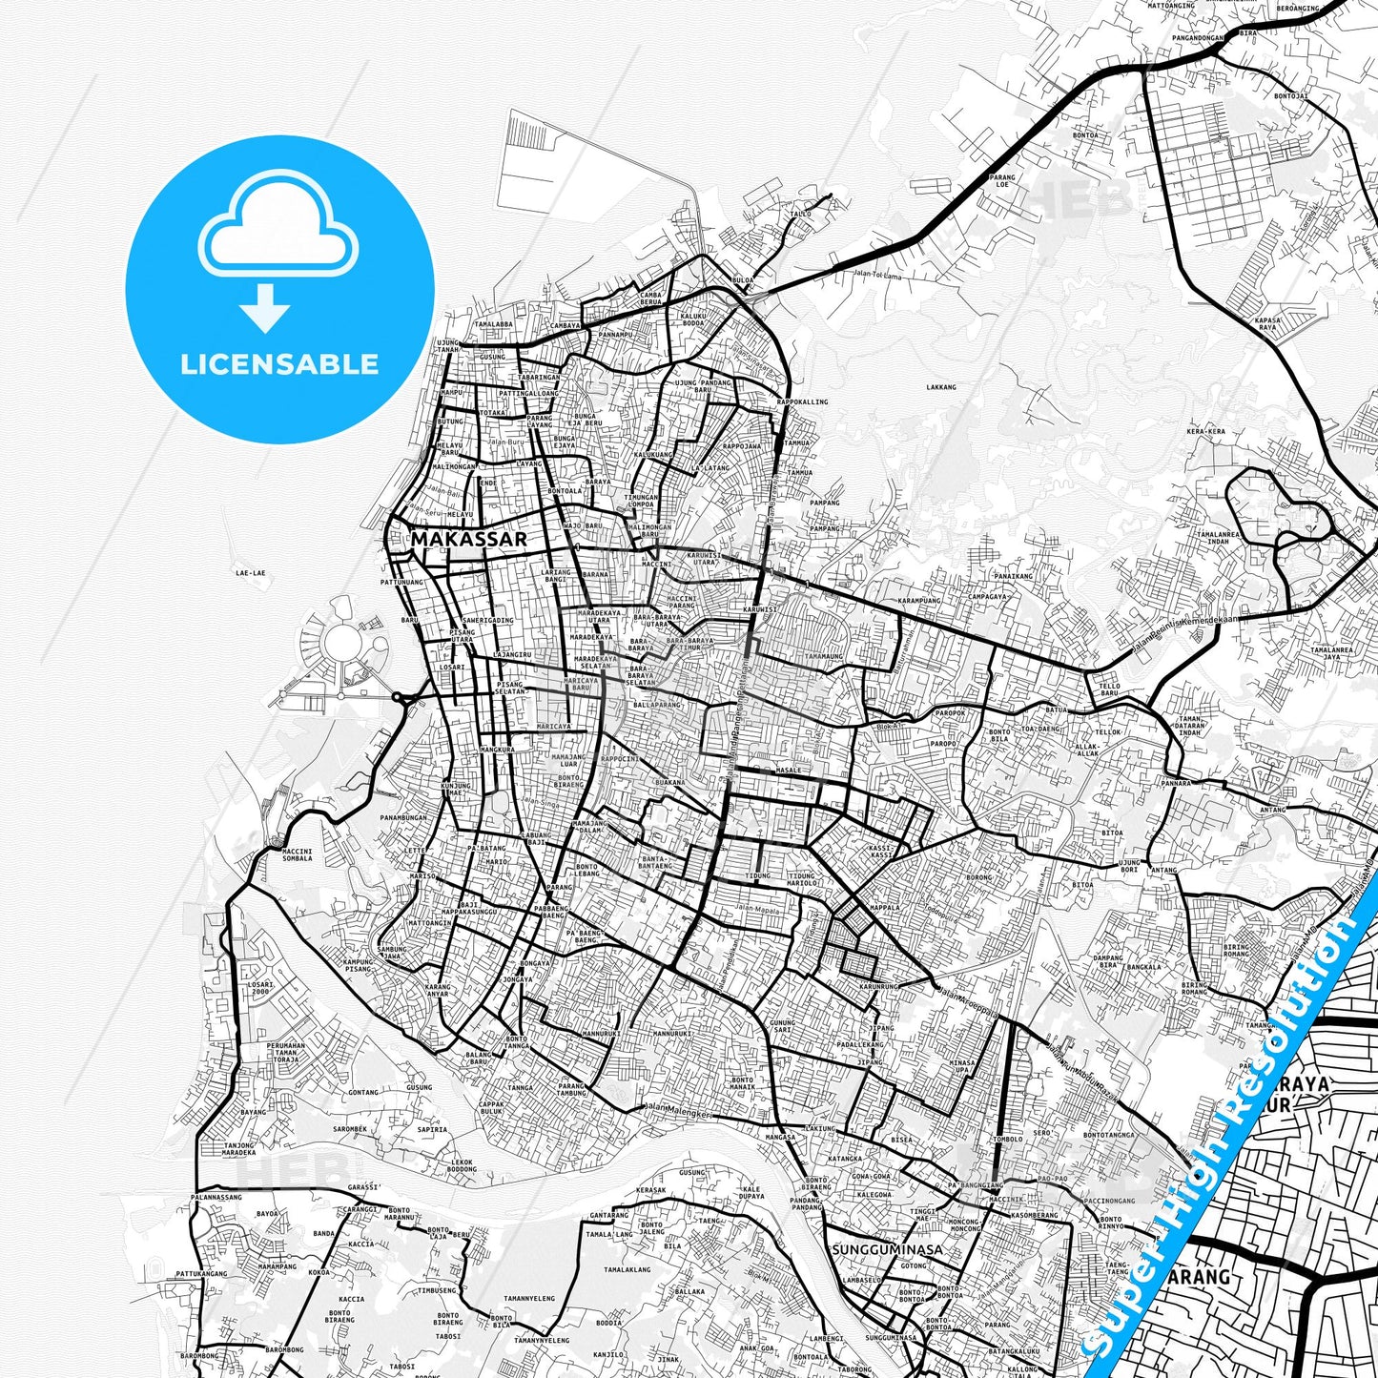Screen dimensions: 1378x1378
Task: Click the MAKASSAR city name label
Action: pos(468,539)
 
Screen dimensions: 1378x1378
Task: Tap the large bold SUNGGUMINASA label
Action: pos(887,1249)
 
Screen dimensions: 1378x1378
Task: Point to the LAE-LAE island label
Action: pos(250,573)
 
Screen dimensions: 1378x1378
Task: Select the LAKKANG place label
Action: pos(940,387)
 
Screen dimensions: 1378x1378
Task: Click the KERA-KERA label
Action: pos(1205,431)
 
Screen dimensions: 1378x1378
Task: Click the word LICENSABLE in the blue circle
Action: pos(279,364)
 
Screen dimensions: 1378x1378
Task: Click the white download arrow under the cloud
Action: pos(265,308)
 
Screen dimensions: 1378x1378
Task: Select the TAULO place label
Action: pos(800,214)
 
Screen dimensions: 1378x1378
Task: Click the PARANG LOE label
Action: pos(1002,180)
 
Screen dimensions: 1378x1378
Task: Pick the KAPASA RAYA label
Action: pos(1267,323)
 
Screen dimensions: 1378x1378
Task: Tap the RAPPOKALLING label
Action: pos(802,401)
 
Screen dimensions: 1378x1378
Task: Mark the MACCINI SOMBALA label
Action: pos(298,854)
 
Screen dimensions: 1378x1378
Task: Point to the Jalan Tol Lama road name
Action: pos(877,276)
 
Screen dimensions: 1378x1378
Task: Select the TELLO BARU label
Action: pos(1109,689)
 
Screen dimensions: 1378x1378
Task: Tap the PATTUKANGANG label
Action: pos(201,1273)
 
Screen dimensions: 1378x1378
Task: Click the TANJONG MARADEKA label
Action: pos(238,1148)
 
